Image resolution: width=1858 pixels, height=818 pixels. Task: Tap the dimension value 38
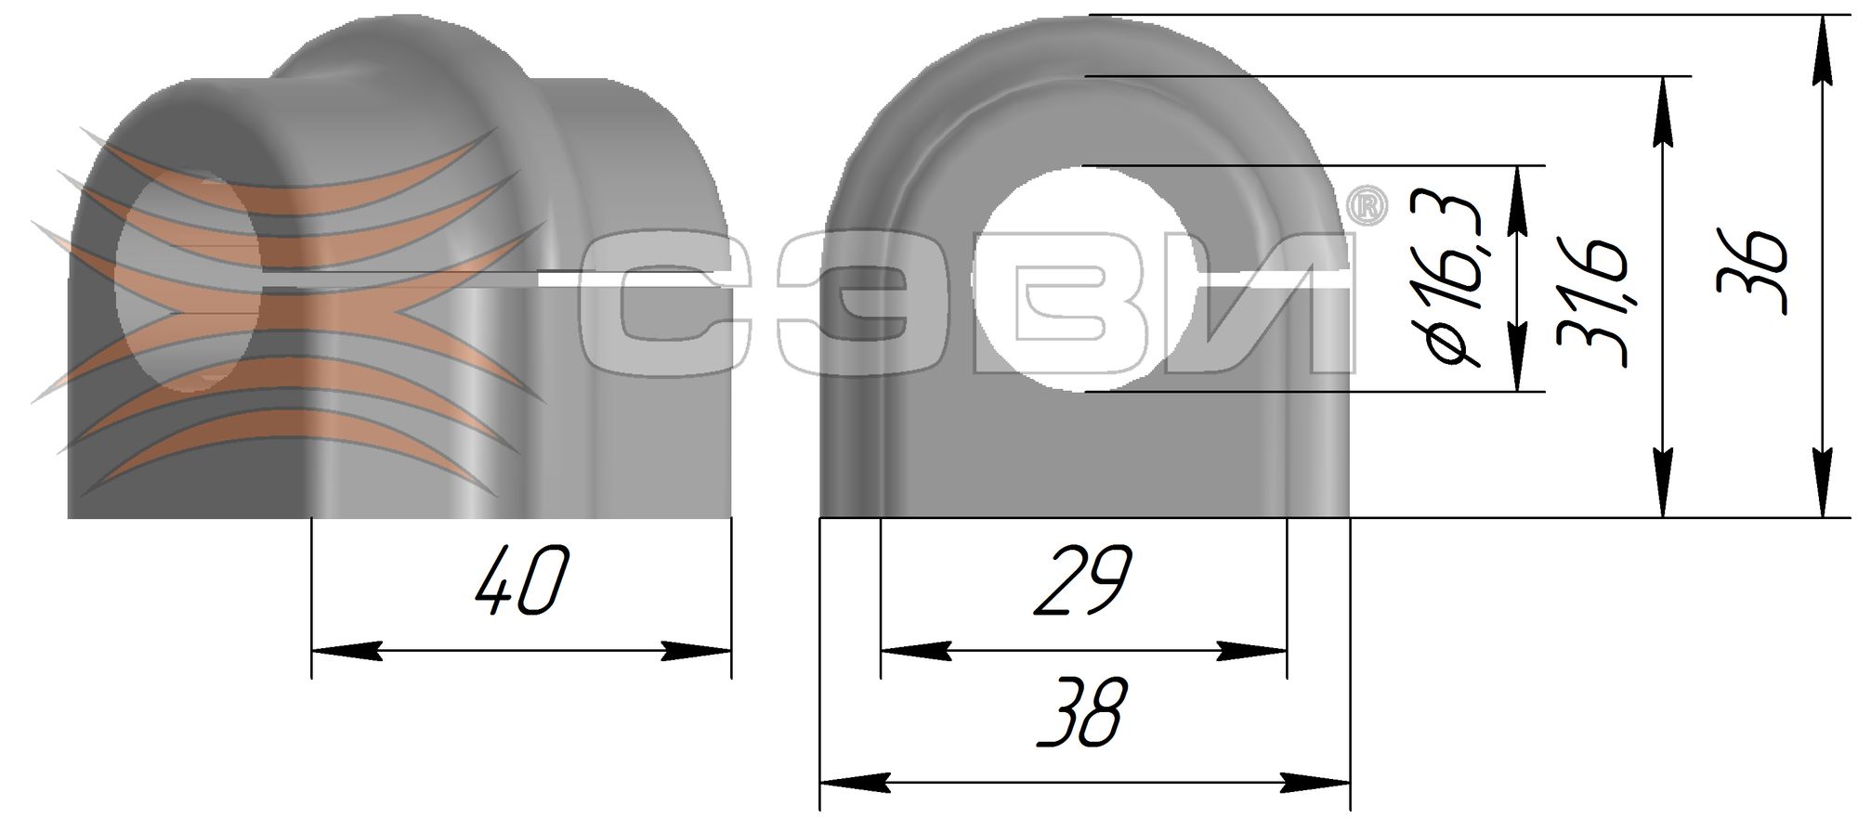coord(1083,712)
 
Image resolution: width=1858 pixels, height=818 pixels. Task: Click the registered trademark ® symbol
coord(1367,206)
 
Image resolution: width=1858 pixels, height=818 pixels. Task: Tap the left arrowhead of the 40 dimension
coord(346,651)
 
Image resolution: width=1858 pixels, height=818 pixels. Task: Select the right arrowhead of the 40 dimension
coord(697,651)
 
